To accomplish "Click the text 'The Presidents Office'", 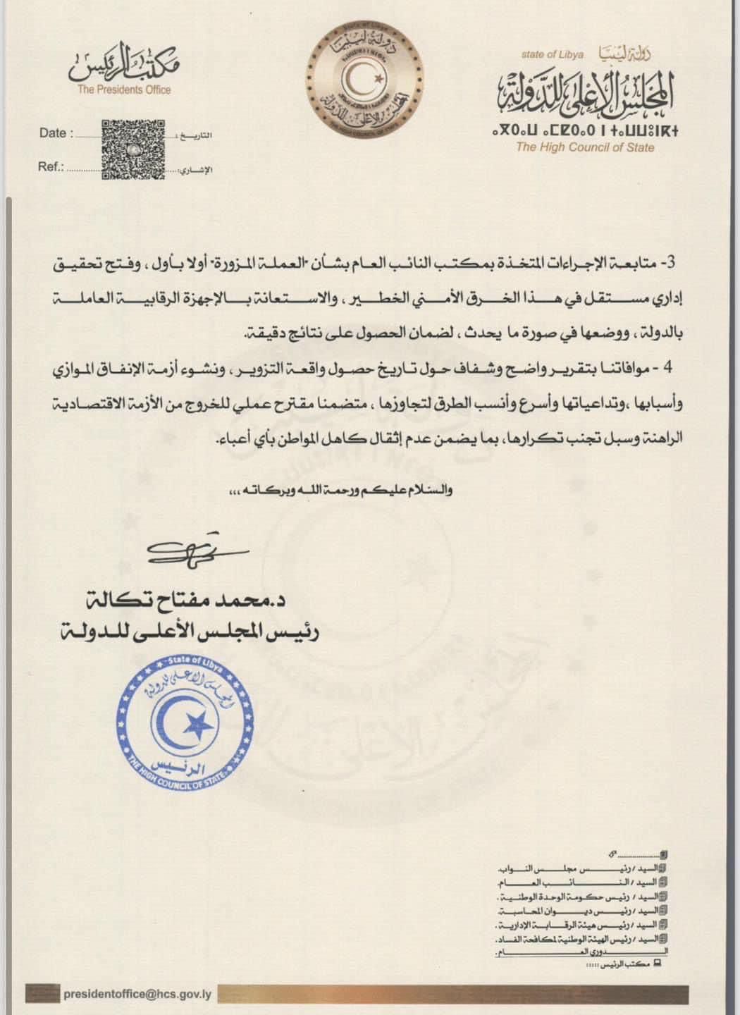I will [124, 90].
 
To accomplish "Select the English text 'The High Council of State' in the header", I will [584, 147].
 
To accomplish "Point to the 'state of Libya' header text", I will [548, 54].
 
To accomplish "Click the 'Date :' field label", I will [54, 133].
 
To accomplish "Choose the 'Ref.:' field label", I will [51, 167].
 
